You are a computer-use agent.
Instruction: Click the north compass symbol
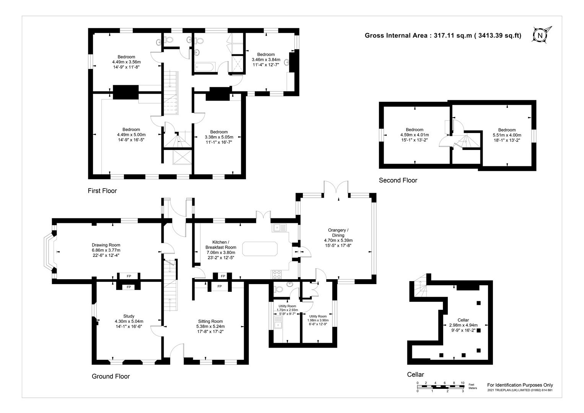[x=540, y=35]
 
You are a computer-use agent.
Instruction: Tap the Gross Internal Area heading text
[x=443, y=36]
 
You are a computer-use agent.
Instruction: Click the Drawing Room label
[x=106, y=250]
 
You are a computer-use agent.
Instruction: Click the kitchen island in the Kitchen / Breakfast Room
[x=260, y=252]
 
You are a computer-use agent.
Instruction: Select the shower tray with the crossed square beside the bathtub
[x=238, y=64]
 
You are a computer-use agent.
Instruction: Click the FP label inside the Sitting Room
[x=220, y=286]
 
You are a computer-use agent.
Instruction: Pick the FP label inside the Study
[x=129, y=287]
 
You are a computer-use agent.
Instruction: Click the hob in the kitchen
[x=277, y=274]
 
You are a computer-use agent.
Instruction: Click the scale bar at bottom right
[x=440, y=387]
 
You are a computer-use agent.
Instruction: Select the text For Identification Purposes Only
[x=520, y=385]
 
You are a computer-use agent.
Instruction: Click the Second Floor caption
[x=398, y=180]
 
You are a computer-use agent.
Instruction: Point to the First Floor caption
[x=102, y=191]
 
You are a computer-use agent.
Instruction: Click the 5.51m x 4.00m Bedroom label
[x=507, y=135]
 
